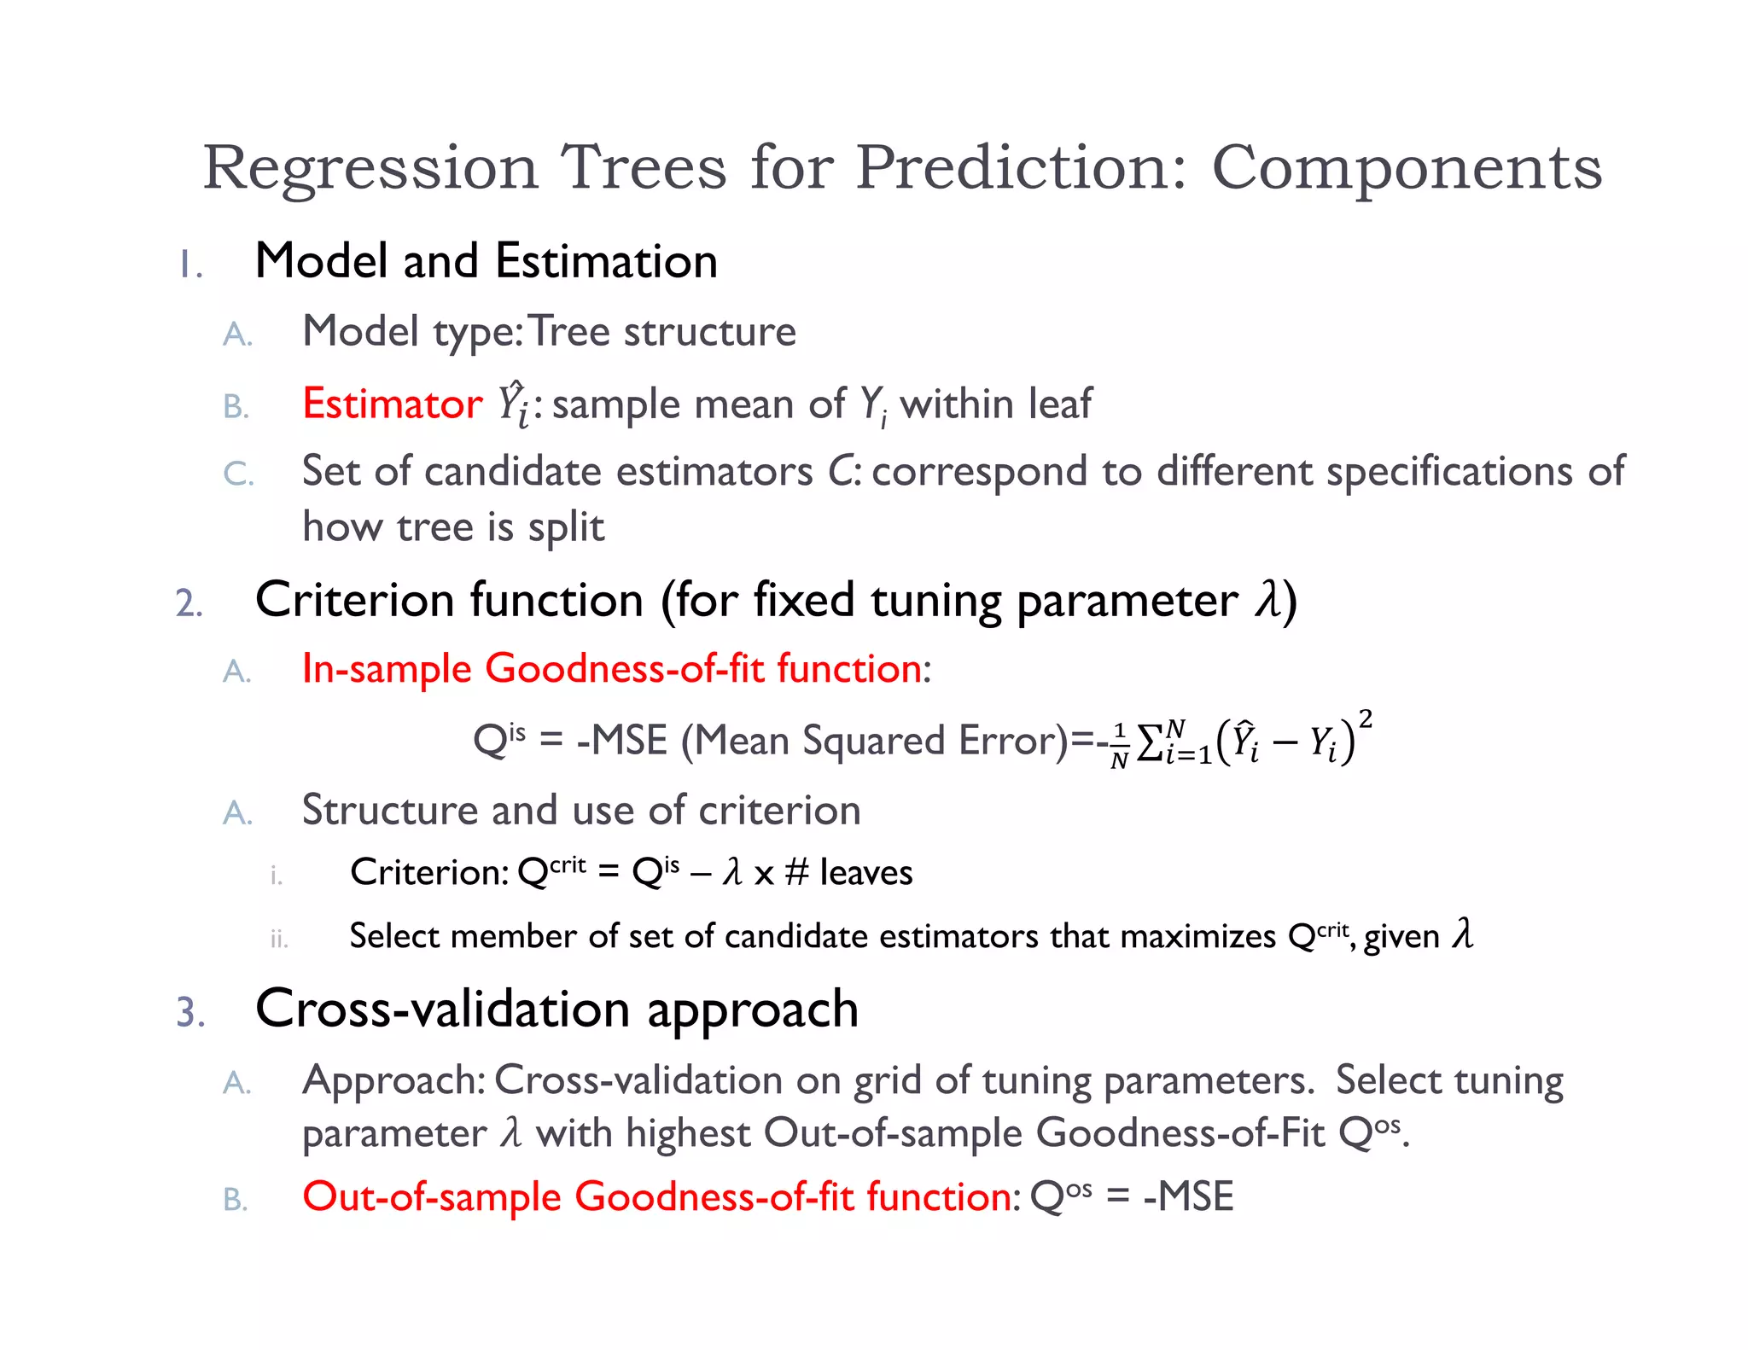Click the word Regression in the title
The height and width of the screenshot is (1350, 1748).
(x=370, y=168)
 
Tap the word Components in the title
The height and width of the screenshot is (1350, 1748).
(x=1407, y=168)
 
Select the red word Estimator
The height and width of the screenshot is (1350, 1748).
(x=393, y=404)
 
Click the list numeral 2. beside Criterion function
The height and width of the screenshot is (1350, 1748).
(x=189, y=603)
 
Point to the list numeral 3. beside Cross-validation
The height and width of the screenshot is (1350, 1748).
(x=190, y=1012)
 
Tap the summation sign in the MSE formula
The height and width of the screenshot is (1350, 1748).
(x=1150, y=742)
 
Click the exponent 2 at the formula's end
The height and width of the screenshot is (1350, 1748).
(x=1365, y=719)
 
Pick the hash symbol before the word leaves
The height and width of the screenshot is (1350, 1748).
(x=796, y=872)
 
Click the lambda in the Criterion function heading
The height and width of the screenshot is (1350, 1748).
(x=1267, y=599)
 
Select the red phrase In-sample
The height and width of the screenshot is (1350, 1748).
(x=386, y=668)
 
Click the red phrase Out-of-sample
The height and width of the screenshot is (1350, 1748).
(x=431, y=1196)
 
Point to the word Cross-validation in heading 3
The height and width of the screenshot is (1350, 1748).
(x=443, y=1010)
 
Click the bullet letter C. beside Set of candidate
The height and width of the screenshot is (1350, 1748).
(x=238, y=474)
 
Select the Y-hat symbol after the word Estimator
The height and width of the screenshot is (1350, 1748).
(x=514, y=404)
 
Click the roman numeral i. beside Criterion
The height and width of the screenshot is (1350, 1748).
(x=276, y=876)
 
